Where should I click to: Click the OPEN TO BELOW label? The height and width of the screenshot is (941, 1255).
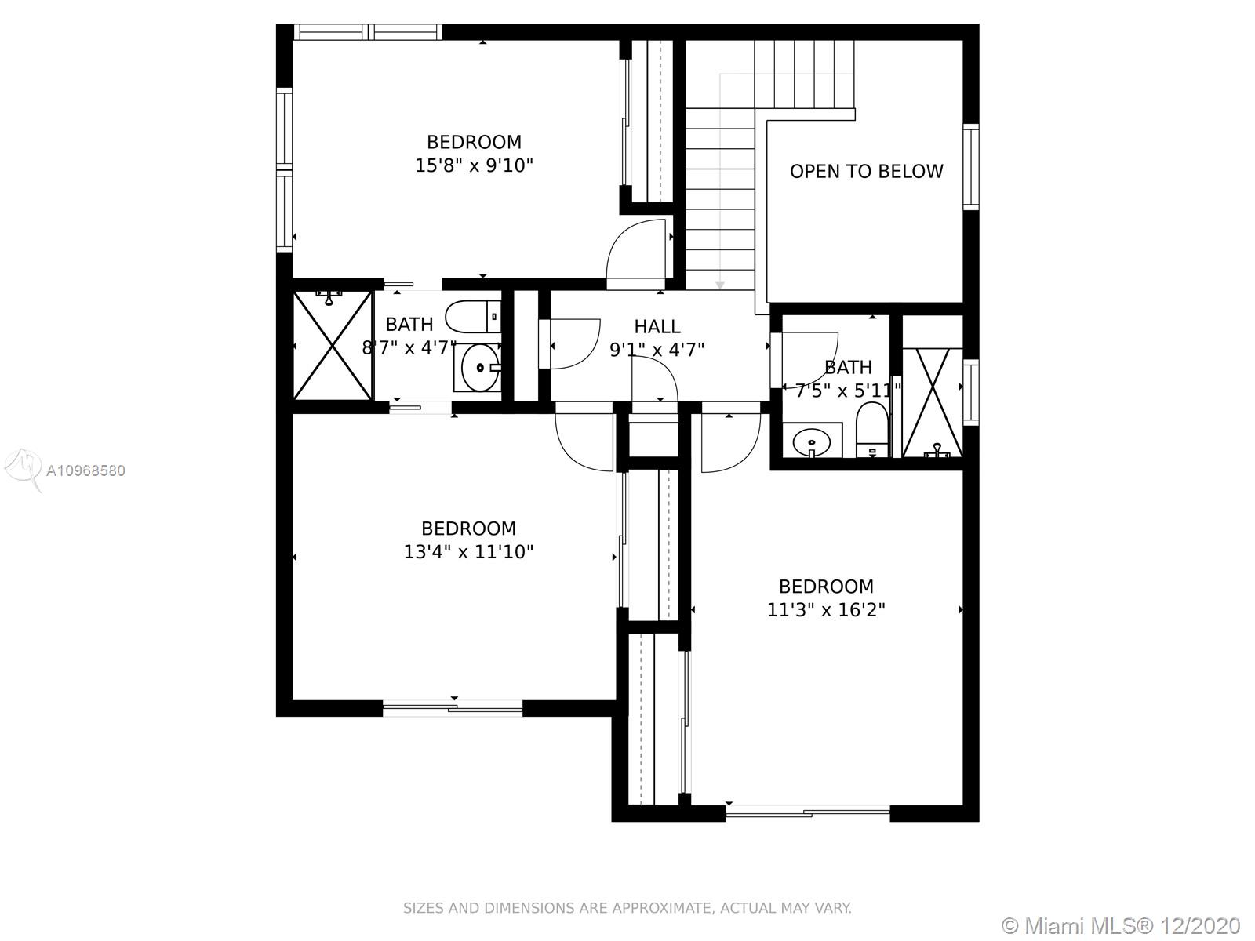[866, 172]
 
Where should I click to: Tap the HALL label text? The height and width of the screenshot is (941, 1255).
[657, 326]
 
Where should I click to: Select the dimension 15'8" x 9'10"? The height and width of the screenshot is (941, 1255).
[474, 165]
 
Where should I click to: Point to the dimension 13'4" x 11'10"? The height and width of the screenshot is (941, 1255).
[468, 552]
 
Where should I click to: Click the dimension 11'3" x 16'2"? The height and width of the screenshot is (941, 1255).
[826, 610]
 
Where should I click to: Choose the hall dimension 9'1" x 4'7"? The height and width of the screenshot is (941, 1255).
[657, 350]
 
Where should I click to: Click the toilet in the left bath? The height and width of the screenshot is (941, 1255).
[474, 317]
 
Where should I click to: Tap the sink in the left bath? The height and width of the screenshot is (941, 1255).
[478, 368]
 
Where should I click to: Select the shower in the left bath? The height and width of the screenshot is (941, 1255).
[333, 346]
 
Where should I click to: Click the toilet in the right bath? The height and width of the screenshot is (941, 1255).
[872, 429]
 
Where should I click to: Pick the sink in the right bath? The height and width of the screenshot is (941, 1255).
[812, 441]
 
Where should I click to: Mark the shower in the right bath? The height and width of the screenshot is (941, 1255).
[933, 402]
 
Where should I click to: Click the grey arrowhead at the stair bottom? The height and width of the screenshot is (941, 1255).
[720, 285]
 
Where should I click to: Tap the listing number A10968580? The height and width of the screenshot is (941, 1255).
[85, 470]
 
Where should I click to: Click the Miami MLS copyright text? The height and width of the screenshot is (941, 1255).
[1121, 925]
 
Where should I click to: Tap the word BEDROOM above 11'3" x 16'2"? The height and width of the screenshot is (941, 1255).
[826, 587]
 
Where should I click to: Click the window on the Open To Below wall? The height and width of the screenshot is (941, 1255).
[971, 167]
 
